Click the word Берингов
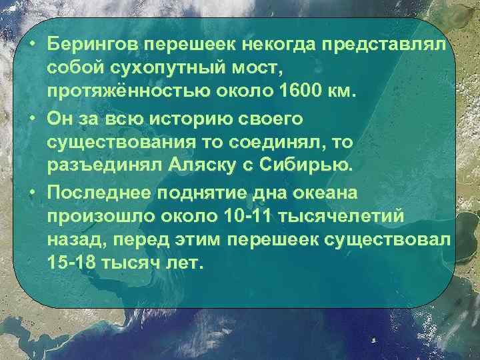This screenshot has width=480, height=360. click(95, 43)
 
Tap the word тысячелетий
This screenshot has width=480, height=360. click(350, 216)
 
